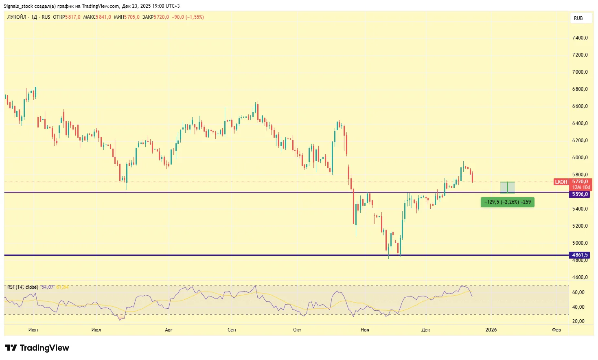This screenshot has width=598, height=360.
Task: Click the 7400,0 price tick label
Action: click(580, 38)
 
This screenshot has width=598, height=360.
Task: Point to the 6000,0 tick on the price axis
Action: click(580, 158)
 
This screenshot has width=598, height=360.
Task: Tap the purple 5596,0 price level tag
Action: click(580, 194)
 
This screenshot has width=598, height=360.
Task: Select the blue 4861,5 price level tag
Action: click(580, 255)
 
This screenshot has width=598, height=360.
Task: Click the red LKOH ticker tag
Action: click(561, 182)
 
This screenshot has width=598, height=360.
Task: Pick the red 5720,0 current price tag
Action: click(580, 182)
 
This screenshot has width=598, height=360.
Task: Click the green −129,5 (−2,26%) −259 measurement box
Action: click(507, 202)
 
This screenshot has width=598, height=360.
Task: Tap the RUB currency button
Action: click(578, 18)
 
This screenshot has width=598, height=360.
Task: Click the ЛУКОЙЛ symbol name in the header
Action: click(17, 17)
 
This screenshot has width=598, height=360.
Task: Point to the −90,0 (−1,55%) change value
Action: click(188, 17)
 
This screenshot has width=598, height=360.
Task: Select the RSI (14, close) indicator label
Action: click(23, 287)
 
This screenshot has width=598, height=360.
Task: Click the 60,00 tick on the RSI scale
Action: click(578, 292)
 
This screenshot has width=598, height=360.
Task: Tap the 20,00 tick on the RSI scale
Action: click(578, 321)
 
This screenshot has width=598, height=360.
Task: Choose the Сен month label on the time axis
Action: click(232, 330)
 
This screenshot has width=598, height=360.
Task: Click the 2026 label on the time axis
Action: click(491, 330)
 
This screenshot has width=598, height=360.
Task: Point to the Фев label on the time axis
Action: click(556, 330)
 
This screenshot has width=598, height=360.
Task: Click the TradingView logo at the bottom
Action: click(37, 348)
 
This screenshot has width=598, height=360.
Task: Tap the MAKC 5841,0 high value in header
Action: click(97, 17)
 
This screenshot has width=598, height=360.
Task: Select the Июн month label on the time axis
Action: click(33, 330)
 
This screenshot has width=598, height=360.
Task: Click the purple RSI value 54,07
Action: click(47, 287)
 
